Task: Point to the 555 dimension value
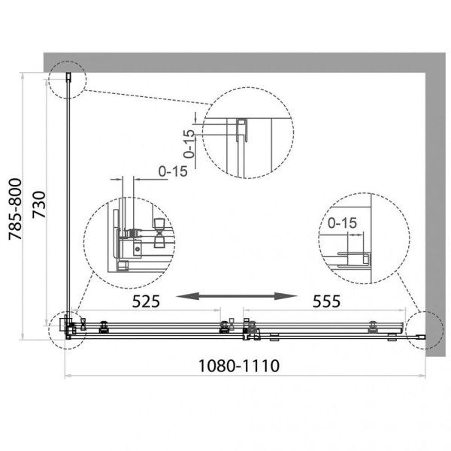(327, 301)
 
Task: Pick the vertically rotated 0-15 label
(189, 143)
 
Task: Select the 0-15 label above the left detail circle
(173, 171)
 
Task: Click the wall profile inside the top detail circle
(244, 131)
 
